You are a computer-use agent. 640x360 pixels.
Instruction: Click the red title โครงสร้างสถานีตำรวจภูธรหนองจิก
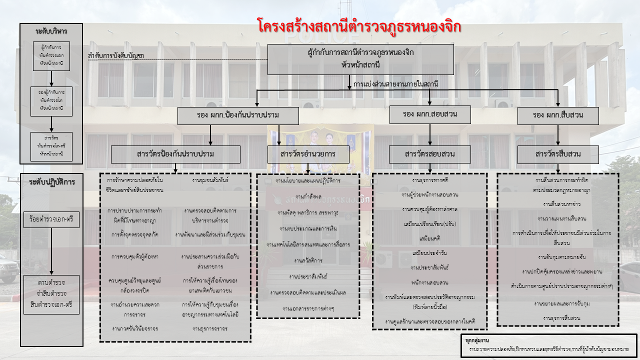[359, 25]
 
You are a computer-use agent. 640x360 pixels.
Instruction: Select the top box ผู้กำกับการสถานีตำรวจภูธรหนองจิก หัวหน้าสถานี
[360, 59]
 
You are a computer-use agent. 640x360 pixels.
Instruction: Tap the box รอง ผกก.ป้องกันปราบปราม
[238, 115]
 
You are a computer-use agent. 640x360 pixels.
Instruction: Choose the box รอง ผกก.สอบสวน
[430, 114]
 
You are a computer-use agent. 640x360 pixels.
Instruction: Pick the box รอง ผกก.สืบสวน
[558, 115]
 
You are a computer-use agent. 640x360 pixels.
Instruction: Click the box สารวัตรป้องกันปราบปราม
[175, 154]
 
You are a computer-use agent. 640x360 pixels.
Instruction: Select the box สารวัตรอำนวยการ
[308, 154]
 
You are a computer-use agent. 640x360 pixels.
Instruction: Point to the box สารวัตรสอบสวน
[430, 154]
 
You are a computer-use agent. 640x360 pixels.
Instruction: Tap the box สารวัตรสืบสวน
[558, 154]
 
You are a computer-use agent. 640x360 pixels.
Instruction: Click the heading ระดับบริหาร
[51, 31]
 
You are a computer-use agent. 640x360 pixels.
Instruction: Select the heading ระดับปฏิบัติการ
[51, 181]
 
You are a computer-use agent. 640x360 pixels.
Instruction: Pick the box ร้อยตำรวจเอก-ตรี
[51, 219]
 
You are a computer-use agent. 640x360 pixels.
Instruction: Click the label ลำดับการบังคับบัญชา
[115, 55]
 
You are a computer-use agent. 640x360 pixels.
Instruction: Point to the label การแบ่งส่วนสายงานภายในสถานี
[395, 84]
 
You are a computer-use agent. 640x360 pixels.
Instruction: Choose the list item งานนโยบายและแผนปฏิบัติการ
[307, 180]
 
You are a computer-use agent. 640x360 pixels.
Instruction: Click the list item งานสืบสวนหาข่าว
[557, 204]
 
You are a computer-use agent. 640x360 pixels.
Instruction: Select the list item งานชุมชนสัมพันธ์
[210, 180]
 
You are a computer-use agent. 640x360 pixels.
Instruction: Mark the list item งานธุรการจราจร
[210, 328]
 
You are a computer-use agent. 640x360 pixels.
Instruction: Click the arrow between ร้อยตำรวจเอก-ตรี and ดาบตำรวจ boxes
[51, 250]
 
